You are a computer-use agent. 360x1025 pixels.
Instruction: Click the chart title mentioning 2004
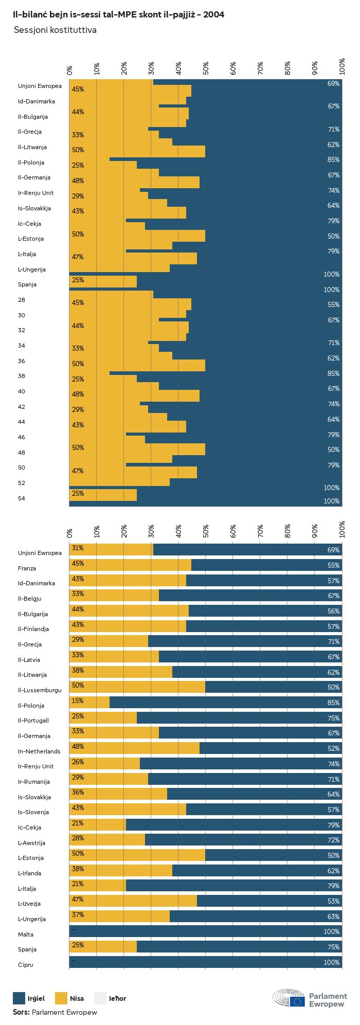[118, 15]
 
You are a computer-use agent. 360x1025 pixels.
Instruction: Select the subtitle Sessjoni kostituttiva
[55, 30]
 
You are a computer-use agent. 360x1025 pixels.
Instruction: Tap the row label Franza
[27, 568]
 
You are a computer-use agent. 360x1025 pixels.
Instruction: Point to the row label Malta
[25, 934]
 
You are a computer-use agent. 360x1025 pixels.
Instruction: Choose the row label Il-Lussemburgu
[40, 690]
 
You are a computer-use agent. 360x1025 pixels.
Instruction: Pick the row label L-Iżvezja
[29, 904]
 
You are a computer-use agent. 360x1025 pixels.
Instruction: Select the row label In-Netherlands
[39, 751]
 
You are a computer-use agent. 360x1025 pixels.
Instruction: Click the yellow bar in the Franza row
[130, 565]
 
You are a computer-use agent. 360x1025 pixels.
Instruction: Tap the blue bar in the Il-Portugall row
[239, 718]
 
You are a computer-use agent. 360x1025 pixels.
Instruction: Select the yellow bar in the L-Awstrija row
[107, 840]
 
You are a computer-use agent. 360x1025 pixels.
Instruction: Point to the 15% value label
[78, 701]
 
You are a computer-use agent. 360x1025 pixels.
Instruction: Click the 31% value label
[78, 548]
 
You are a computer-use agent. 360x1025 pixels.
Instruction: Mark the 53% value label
[333, 901]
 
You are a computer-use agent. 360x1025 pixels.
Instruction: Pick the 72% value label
[333, 840]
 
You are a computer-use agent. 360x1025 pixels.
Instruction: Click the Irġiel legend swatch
[19, 998]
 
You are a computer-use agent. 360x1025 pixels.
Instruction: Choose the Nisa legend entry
[69, 998]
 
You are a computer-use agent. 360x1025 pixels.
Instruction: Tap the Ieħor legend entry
[110, 998]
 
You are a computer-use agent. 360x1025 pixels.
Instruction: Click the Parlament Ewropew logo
[310, 998]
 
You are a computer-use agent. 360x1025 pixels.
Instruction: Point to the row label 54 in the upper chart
[22, 498]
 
